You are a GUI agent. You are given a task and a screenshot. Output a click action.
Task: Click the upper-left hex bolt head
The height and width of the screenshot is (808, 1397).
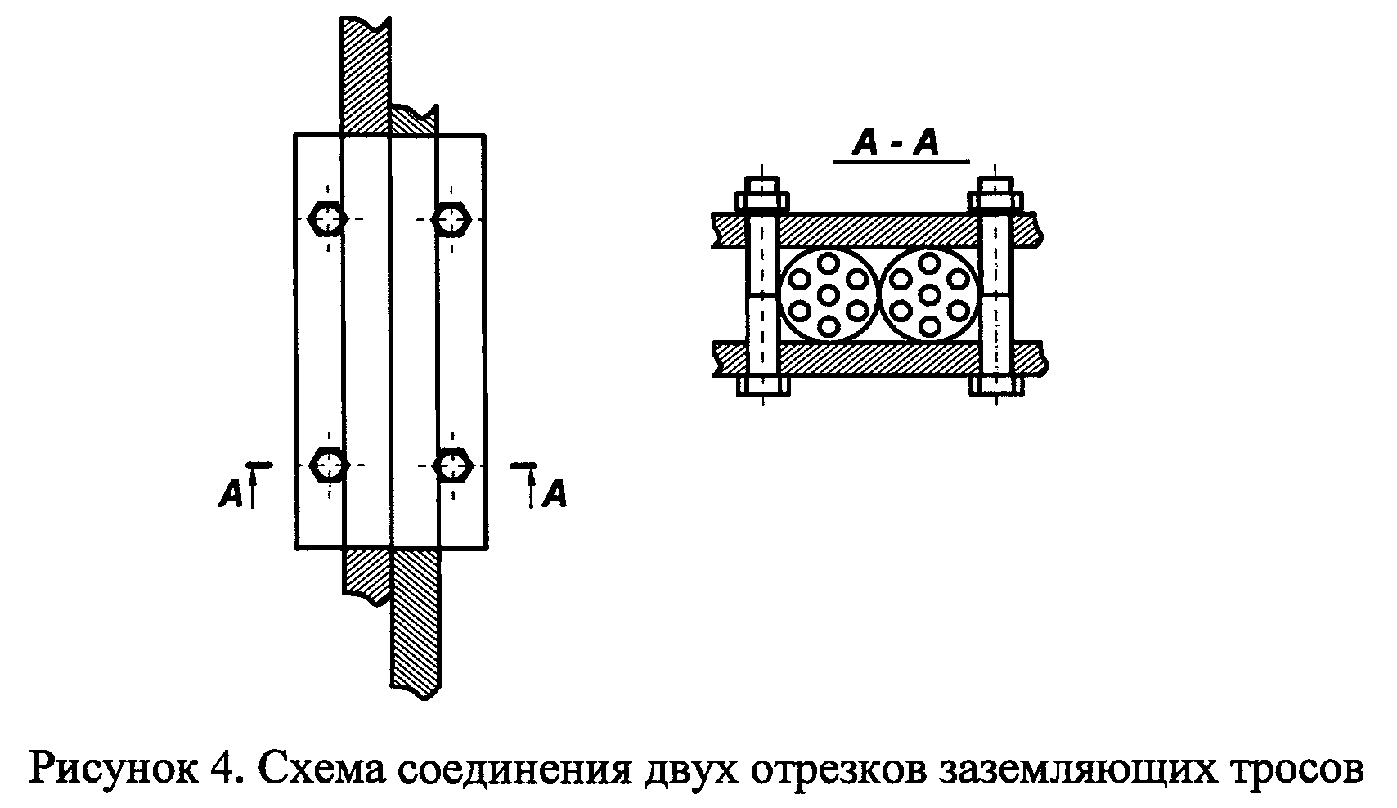(x=329, y=218)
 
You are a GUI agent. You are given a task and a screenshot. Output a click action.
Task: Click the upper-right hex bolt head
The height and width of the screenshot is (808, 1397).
(x=451, y=218)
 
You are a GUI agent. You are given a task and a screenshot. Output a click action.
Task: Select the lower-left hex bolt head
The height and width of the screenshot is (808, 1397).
(x=329, y=465)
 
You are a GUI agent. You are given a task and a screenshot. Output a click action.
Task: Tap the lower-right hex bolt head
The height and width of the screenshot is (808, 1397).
(x=451, y=465)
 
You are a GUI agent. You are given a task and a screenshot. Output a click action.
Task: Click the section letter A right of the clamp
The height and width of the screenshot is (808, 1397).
(x=555, y=494)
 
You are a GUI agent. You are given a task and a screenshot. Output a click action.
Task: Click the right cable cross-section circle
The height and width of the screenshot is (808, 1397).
(x=929, y=294)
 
